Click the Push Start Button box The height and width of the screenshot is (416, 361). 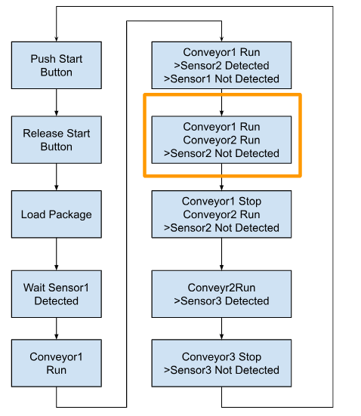click(57, 65)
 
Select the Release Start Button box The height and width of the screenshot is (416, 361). click(57, 140)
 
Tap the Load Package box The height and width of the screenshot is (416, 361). click(57, 214)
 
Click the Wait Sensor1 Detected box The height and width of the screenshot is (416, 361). click(57, 294)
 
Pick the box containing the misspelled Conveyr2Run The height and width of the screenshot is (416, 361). click(221, 294)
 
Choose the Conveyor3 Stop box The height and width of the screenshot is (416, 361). click(221, 363)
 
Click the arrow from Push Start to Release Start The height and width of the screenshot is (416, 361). click(57, 103)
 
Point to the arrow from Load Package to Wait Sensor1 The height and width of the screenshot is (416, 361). click(57, 254)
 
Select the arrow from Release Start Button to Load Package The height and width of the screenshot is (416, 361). click(57, 177)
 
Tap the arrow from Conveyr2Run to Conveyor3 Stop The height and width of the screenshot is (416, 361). click(221, 328)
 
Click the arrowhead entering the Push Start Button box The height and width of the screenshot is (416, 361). click(57, 39)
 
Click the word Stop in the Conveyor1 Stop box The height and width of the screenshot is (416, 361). click(250, 201)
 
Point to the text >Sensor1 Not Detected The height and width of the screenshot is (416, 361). click(221, 79)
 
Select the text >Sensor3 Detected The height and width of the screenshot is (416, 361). click(221, 300)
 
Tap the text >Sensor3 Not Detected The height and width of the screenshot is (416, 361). click(221, 370)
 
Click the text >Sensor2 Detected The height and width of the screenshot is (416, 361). click(221, 66)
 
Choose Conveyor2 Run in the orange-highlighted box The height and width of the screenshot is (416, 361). click(221, 140)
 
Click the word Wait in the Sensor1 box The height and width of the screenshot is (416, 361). click(34, 288)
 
